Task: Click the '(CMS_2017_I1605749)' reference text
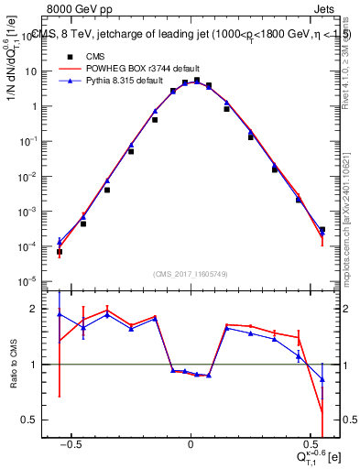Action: point(191,274)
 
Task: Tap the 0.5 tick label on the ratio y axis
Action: point(34,420)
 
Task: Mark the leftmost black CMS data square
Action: point(60,251)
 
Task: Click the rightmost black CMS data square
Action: point(322,230)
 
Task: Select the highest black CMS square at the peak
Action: point(197,81)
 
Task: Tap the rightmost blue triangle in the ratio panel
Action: point(322,378)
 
